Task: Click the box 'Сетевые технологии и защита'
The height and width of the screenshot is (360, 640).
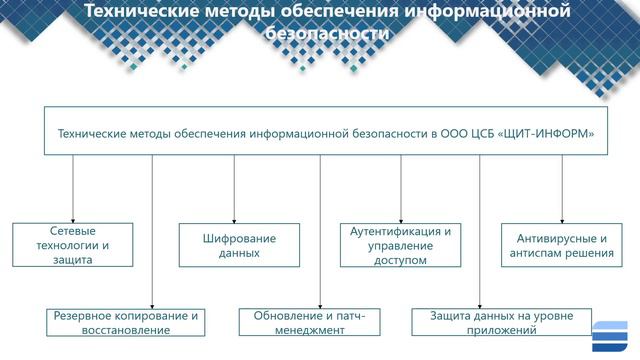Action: click(x=74, y=245)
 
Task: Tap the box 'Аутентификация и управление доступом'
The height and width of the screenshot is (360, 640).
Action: click(x=401, y=245)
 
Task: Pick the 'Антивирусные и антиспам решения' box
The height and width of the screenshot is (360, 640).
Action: click(x=564, y=245)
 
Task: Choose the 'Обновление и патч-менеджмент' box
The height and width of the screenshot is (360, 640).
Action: click(x=309, y=322)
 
